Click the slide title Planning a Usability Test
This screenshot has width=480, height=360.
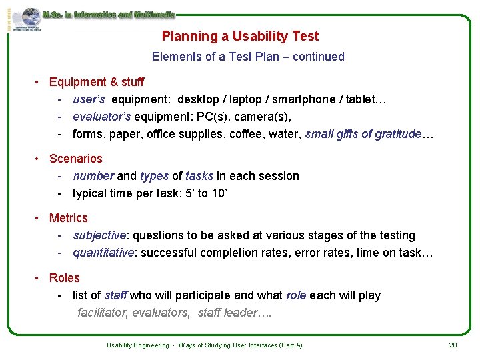tap(240, 37)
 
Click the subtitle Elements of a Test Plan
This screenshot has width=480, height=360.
tap(248, 57)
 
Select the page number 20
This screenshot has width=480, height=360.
tap(453, 345)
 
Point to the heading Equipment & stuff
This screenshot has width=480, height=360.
tap(97, 82)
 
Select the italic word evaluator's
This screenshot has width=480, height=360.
tap(102, 117)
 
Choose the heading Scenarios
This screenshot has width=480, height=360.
tap(76, 159)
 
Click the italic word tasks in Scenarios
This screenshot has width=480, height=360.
tap(199, 176)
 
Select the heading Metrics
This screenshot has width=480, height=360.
tap(69, 218)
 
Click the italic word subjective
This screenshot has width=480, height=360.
tap(99, 235)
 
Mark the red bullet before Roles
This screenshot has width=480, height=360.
tap(39, 278)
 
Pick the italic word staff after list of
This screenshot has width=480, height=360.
tap(116, 295)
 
